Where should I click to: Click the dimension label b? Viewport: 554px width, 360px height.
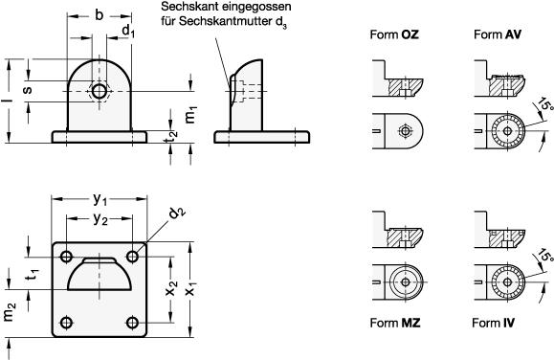[100, 15]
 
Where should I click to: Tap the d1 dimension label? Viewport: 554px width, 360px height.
[128, 32]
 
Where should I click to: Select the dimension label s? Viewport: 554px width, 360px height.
[27, 89]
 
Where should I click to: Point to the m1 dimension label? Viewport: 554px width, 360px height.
[190, 115]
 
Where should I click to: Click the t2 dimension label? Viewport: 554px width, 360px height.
[172, 136]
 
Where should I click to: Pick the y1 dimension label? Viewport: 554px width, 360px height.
[100, 200]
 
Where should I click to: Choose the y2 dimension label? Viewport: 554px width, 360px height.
[100, 219]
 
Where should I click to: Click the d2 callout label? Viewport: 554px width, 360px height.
[176, 214]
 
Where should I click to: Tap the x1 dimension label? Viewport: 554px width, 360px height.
[190, 289]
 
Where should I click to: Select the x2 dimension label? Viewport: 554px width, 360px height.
[171, 289]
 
